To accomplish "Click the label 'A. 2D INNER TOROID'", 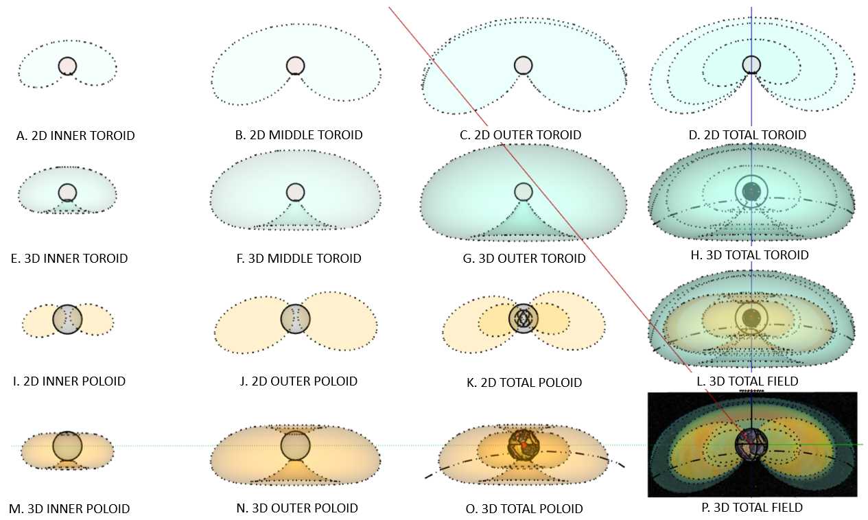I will [x=75, y=136].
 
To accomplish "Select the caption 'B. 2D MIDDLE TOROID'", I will [x=298, y=135].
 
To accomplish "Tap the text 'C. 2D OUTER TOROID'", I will [x=520, y=135].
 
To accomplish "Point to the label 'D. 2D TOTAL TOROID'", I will [x=747, y=135].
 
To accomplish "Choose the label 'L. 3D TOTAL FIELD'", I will [x=746, y=380].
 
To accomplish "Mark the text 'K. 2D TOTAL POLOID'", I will [x=524, y=382].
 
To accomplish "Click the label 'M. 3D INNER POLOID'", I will [x=69, y=509].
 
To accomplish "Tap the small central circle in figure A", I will [x=67, y=66].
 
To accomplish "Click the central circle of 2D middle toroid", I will [x=295, y=65].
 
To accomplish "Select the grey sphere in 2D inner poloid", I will [x=67, y=319].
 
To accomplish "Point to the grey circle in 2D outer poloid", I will [x=295, y=318].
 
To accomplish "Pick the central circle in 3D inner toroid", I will [x=67, y=192].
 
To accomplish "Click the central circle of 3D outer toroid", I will [x=523, y=192].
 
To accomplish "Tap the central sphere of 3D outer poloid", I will [x=295, y=445].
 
